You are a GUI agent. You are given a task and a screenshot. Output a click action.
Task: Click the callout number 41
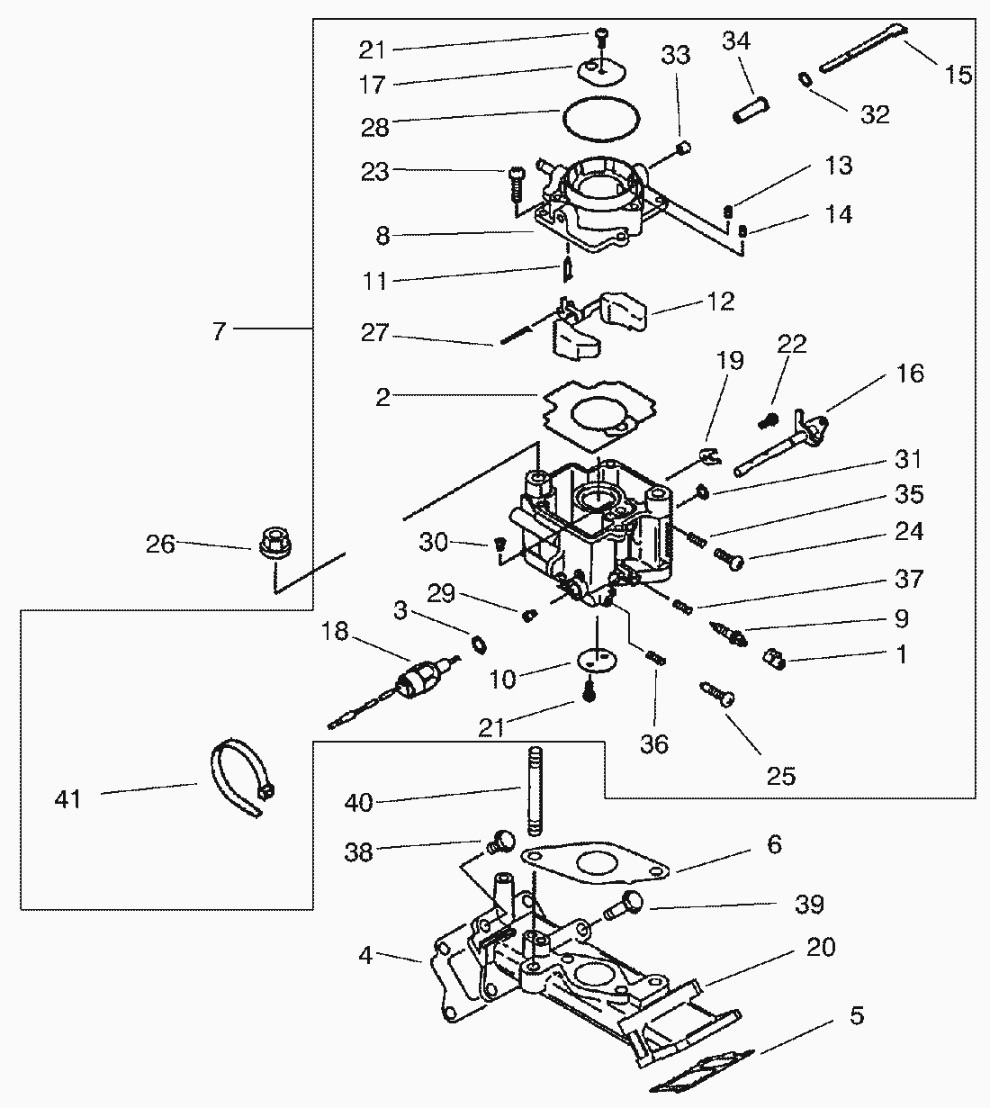tap(68, 797)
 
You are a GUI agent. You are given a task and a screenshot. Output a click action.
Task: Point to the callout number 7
tap(219, 330)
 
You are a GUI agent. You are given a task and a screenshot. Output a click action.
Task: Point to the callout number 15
tap(959, 74)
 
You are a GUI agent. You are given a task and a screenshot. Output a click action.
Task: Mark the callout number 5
tap(856, 1015)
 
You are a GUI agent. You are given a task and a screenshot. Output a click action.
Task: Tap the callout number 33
tap(675, 55)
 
